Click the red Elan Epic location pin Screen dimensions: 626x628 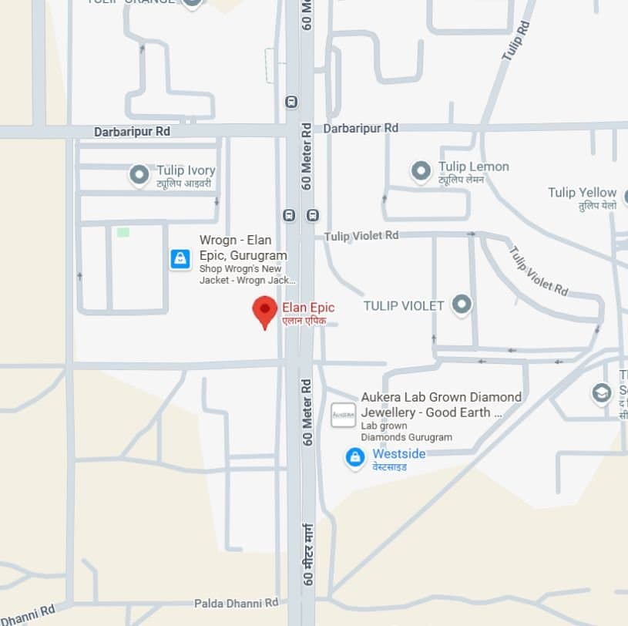point(265,311)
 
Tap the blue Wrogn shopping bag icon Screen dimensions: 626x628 point(180,259)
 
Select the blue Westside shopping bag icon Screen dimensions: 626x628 point(354,457)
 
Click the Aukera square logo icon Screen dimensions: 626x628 point(343,415)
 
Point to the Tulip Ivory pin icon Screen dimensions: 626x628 point(139,175)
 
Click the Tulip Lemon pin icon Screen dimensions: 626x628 point(421,171)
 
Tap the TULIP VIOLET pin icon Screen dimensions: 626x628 point(462,305)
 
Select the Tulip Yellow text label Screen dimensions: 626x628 point(582,193)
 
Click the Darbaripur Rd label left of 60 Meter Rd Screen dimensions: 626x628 point(132,132)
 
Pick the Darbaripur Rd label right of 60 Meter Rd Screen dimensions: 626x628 point(361,128)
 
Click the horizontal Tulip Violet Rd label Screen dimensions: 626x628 point(361,235)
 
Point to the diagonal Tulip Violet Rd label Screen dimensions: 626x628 point(538,271)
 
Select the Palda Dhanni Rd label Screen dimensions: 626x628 point(236,602)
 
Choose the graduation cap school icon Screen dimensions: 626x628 point(602,393)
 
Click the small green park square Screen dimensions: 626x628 point(123,232)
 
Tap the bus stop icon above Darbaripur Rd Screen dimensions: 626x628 point(291,102)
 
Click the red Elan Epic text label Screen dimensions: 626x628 point(308,308)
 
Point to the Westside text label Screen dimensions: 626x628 point(398,454)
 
